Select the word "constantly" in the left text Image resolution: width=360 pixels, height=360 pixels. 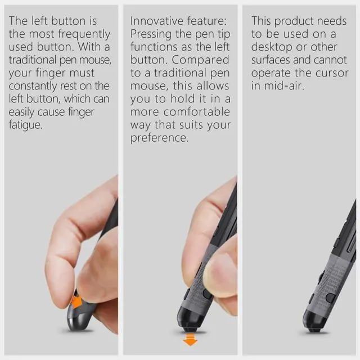click(x=37, y=85)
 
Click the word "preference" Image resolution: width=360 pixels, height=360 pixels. click(x=159, y=137)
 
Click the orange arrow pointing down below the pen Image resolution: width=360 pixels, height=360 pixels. click(x=191, y=339)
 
